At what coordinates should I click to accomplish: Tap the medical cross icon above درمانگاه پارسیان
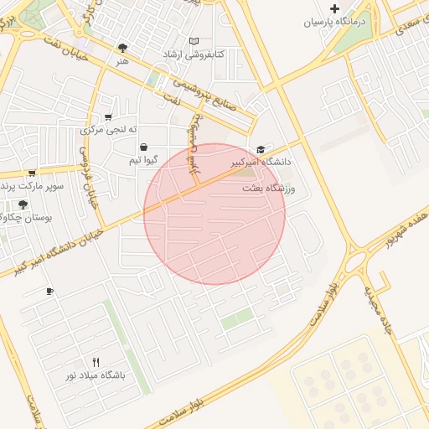335,8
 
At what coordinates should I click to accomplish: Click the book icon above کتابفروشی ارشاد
194,41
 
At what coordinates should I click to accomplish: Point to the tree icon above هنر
123,48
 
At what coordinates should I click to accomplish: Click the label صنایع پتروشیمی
207,98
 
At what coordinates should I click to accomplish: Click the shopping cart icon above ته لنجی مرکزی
108,117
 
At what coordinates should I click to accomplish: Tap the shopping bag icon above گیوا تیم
143,147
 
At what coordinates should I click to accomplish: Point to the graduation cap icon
261,149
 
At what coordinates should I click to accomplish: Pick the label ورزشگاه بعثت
270,189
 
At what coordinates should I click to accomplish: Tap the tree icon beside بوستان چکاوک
22,204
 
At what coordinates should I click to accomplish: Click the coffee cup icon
49,292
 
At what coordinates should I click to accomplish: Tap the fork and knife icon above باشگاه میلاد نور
96,362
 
